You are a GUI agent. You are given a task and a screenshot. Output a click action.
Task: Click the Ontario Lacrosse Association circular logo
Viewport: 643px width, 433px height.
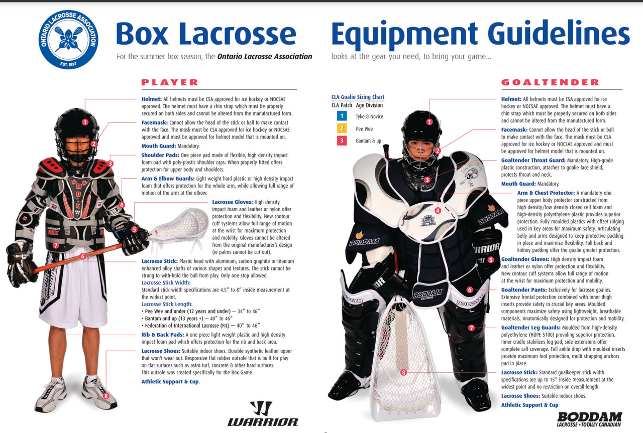pos(68,39)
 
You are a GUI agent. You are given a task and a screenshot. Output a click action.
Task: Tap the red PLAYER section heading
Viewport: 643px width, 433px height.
pos(170,82)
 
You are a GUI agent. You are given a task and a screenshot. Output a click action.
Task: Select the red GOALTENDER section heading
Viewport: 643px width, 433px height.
pos(550,82)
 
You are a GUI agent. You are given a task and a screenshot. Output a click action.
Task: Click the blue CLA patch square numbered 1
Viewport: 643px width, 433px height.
pos(342,116)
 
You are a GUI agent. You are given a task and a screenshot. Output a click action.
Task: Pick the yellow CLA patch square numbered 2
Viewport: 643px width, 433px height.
pos(342,128)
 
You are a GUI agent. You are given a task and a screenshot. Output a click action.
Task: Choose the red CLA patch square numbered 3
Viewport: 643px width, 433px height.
pos(342,140)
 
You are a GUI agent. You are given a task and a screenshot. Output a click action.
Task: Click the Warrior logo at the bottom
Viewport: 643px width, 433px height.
pos(263,413)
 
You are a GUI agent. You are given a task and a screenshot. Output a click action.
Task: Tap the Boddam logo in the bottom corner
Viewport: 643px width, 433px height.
pos(590,419)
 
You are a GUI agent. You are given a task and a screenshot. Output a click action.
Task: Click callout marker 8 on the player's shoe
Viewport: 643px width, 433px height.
pos(106,396)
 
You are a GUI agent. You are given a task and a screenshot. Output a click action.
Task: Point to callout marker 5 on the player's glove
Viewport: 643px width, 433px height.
pos(134,229)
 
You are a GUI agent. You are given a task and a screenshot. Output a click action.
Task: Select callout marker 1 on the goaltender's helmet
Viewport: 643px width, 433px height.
pos(430,122)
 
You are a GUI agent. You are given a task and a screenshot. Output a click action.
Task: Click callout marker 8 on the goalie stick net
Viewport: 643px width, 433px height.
pos(403,372)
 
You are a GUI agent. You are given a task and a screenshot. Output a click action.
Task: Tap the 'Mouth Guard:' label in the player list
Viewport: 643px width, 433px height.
pos(159,146)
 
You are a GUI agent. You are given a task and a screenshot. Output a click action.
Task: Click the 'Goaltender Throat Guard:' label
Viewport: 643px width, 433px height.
pos(533,160)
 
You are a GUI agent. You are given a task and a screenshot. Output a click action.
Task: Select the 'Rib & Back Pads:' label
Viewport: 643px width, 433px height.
pos(163,335)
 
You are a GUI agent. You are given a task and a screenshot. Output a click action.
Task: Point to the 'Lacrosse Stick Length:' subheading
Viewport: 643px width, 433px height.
pos(167,304)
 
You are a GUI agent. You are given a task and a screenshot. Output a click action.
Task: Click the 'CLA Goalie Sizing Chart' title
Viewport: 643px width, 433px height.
pos(358,97)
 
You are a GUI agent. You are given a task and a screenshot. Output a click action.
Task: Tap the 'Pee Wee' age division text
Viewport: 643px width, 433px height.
pos(364,129)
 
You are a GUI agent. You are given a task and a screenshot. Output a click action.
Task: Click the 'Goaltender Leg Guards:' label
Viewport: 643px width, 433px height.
pos(531,328)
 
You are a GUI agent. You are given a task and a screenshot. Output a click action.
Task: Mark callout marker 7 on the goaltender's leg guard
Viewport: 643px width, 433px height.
pos(471,328)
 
